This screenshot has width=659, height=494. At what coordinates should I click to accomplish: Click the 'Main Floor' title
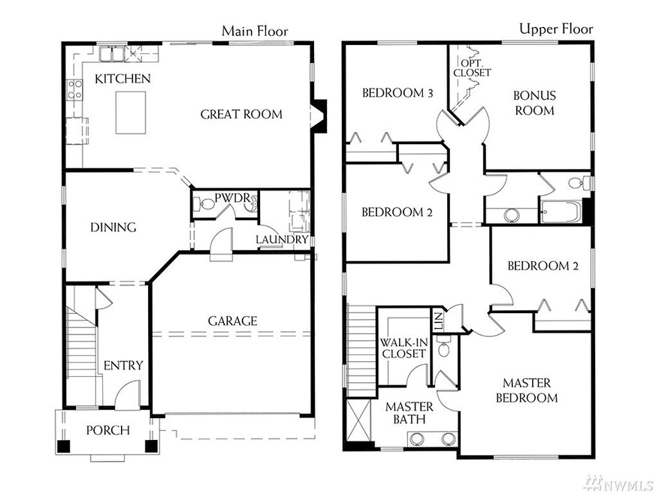tap(255, 31)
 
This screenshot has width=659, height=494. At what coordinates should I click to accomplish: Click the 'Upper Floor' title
tap(556, 29)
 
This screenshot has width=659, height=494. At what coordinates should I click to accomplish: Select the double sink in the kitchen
tap(111, 54)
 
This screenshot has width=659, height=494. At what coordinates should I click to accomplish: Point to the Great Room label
tap(241, 114)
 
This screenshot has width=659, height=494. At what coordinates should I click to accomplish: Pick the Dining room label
tap(113, 227)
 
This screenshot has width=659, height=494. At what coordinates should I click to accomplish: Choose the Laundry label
tap(282, 240)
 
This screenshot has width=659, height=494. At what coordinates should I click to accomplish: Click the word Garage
tap(232, 321)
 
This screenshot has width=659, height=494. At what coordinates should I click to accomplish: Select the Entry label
tap(123, 365)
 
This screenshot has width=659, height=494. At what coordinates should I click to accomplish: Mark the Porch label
tap(107, 430)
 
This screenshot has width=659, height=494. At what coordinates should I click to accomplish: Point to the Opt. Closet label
tap(472, 68)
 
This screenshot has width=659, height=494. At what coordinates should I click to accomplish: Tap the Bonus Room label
tap(534, 103)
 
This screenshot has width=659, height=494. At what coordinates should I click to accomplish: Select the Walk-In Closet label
tap(404, 348)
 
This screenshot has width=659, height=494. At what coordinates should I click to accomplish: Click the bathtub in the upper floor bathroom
tap(559, 212)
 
